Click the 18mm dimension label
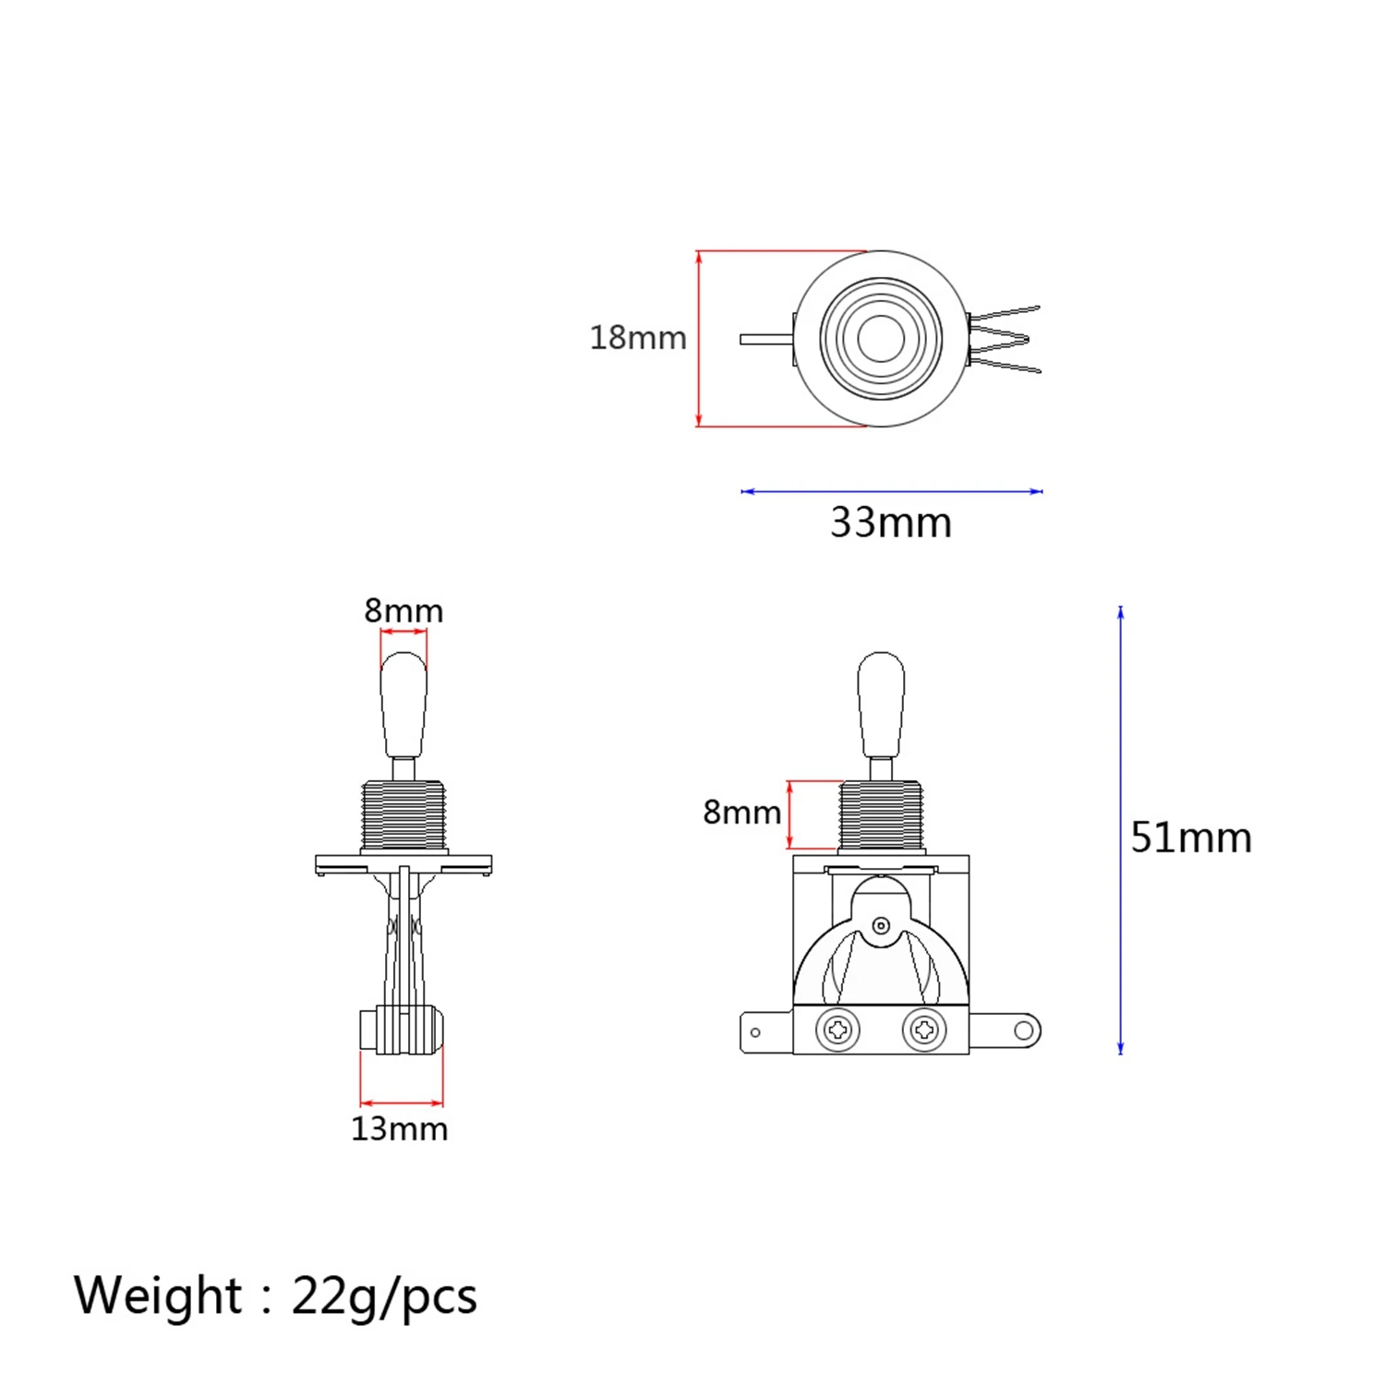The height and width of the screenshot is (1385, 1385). pos(638,338)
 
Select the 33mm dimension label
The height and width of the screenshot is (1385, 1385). pos(890,523)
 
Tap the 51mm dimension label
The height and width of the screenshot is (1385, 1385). pos(1191,837)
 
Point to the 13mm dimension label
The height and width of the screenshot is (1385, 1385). pos(399,1128)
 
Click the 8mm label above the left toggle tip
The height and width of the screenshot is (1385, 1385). pos(403,610)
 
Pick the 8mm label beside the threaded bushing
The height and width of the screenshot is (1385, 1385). pos(741,813)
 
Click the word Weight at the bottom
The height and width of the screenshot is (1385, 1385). pos(158,1295)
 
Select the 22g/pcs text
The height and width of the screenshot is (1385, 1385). pos(384,1296)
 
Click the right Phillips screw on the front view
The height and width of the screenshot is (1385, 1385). pos(923,1030)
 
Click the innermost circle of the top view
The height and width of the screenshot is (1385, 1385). pos(881,339)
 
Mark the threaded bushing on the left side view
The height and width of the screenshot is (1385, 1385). pos(403,815)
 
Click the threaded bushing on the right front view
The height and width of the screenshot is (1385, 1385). pos(881,815)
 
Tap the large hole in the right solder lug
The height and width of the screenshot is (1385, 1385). pos(1024,1030)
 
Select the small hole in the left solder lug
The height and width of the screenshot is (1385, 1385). pos(755,1032)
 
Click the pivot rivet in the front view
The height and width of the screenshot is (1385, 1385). pos(881,925)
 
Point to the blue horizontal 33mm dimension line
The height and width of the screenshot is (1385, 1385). pos(891,491)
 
